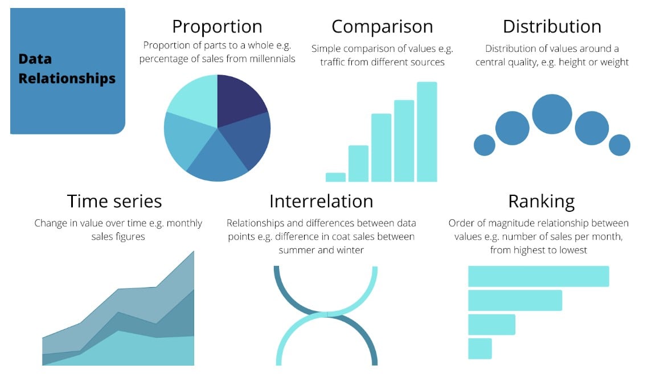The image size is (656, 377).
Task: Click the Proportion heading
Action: click(x=217, y=27)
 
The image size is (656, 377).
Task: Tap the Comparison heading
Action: click(x=382, y=27)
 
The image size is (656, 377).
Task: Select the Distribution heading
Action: click(x=552, y=27)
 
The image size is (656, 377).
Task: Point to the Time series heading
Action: click(x=114, y=201)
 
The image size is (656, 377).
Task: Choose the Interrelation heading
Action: click(x=321, y=201)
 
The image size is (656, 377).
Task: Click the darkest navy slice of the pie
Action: click(x=239, y=100)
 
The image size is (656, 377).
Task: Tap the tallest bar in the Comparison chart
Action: click(x=427, y=132)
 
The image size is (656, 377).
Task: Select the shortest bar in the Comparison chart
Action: click(x=335, y=177)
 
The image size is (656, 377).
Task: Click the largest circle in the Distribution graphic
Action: click(x=552, y=114)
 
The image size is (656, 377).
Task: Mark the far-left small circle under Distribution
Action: click(x=485, y=145)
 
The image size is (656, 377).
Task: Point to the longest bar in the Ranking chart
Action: click(x=539, y=276)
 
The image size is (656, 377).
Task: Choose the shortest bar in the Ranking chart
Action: click(x=480, y=349)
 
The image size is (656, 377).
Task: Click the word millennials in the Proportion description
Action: click(x=272, y=59)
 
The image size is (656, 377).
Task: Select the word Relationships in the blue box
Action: click(x=67, y=79)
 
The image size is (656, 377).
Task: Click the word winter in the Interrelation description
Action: click(x=350, y=250)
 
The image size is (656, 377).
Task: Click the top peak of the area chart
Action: click(x=194, y=251)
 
